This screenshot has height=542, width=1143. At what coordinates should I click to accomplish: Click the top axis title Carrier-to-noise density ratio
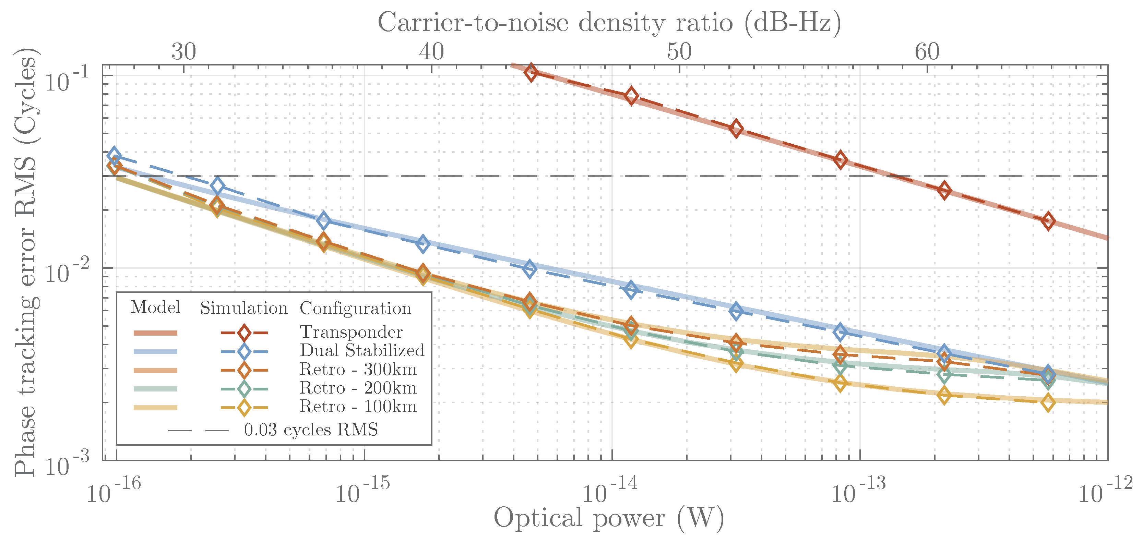pyautogui.click(x=609, y=22)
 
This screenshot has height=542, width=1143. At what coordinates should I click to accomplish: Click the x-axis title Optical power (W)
pyautogui.click(x=609, y=518)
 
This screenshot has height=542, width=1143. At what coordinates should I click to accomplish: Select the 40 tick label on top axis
pyautogui.click(x=431, y=52)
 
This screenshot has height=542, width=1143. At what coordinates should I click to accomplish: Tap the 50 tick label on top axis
pyautogui.click(x=679, y=52)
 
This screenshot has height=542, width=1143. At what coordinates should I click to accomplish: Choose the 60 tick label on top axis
pyautogui.click(x=927, y=52)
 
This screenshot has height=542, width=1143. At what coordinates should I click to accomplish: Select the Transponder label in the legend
pyautogui.click(x=351, y=332)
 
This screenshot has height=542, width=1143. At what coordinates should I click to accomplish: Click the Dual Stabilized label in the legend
pyautogui.click(x=362, y=350)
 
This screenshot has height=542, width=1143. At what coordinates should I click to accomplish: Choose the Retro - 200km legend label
pyautogui.click(x=358, y=388)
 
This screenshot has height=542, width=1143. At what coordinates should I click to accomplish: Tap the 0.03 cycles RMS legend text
pyautogui.click(x=311, y=429)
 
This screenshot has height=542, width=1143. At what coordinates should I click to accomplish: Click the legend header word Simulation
pyautogui.click(x=243, y=308)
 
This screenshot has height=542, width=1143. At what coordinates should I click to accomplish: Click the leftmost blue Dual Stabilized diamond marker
pyautogui.click(x=114, y=155)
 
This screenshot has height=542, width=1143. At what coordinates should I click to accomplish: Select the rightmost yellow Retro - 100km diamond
pyautogui.click(x=1048, y=403)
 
